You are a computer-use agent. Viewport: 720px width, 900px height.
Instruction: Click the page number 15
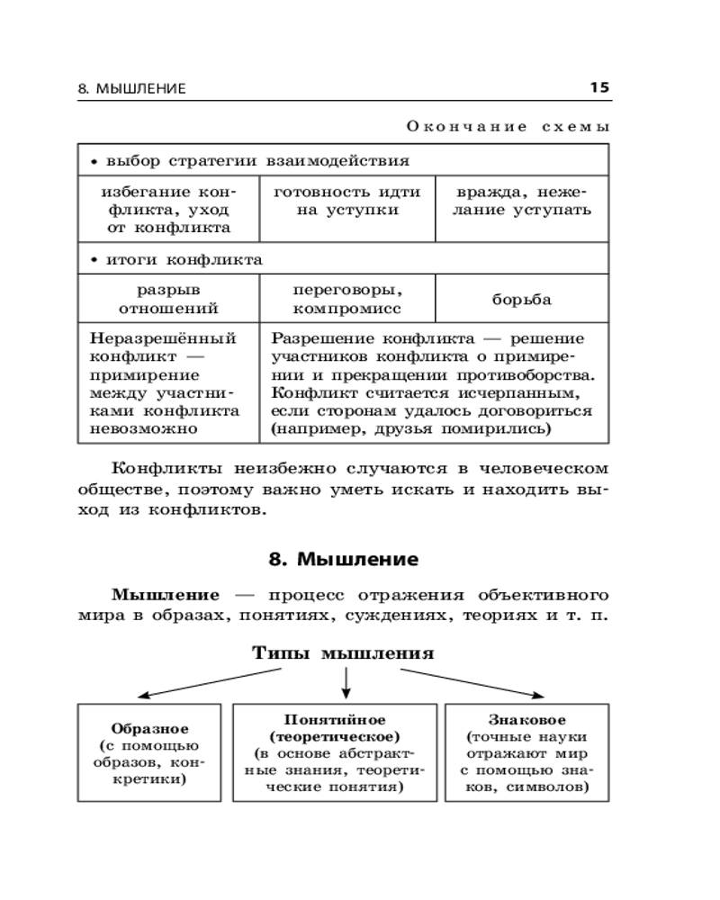tap(599, 87)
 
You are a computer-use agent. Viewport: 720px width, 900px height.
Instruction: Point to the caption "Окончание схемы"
tap(508, 127)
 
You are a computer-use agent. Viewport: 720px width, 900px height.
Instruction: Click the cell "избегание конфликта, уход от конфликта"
tap(167, 210)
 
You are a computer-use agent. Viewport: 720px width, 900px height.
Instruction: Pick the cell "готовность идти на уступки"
tap(346, 201)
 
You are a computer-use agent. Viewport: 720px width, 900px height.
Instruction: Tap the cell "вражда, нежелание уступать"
tap(522, 201)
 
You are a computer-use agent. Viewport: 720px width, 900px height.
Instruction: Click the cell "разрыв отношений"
tap(167, 299)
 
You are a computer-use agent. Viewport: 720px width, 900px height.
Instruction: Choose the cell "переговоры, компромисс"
tap(346, 299)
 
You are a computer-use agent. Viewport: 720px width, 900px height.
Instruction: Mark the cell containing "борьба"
tap(522, 300)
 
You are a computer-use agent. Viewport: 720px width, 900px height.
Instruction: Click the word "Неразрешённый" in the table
tap(163, 339)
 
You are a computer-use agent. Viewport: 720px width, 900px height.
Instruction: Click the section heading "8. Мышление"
tap(344, 559)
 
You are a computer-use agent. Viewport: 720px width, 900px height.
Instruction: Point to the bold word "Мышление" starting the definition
tap(166, 595)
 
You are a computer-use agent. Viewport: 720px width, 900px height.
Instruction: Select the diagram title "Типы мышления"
tap(343, 652)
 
